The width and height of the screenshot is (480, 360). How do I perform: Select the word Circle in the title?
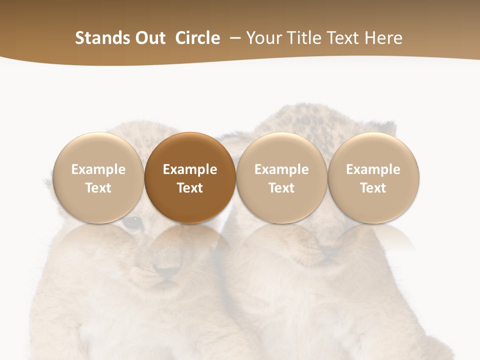pyautogui.click(x=197, y=38)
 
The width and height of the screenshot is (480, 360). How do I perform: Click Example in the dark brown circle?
pyautogui.click(x=190, y=169)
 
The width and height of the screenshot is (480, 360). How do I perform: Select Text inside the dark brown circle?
pyautogui.click(x=190, y=188)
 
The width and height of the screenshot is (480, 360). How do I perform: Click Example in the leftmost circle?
pyautogui.click(x=98, y=169)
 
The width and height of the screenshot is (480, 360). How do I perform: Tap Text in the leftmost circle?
pyautogui.click(x=98, y=188)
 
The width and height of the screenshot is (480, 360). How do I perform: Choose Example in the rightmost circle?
pyautogui.click(x=373, y=169)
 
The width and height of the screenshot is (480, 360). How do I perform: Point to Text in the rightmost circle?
pyautogui.click(x=373, y=188)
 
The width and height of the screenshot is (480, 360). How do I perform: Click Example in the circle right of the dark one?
pyautogui.click(x=281, y=169)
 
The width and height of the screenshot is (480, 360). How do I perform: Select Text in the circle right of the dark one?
pyautogui.click(x=281, y=188)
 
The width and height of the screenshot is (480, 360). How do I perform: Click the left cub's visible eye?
pyautogui.click(x=132, y=222)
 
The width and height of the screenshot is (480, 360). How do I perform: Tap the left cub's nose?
pyautogui.click(x=167, y=272)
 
